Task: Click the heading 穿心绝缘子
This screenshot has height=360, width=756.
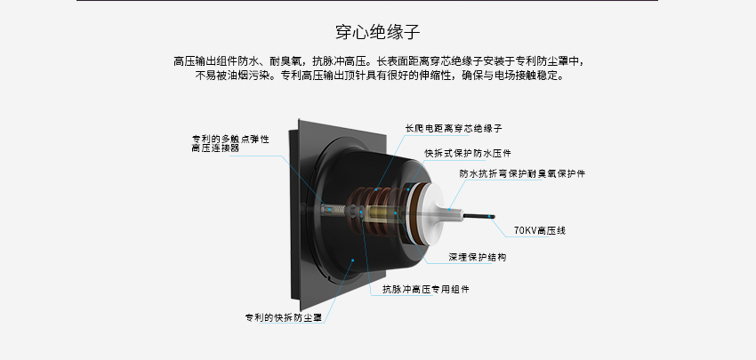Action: (378, 32)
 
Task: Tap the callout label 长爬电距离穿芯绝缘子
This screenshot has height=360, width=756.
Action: (454, 129)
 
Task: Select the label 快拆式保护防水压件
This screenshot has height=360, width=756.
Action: (468, 153)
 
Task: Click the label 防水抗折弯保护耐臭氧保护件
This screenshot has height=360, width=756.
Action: (522, 174)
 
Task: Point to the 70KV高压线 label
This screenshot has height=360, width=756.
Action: (540, 231)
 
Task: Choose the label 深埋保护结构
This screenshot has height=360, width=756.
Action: (478, 258)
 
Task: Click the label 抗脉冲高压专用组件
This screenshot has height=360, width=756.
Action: (426, 290)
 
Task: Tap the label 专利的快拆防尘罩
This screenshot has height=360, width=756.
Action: (284, 318)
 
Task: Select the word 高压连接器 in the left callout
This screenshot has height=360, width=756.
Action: (215, 148)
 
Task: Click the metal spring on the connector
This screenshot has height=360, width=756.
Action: (334, 210)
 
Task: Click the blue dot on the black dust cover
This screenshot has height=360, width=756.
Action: (353, 260)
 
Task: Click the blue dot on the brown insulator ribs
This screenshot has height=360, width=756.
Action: (376, 189)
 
